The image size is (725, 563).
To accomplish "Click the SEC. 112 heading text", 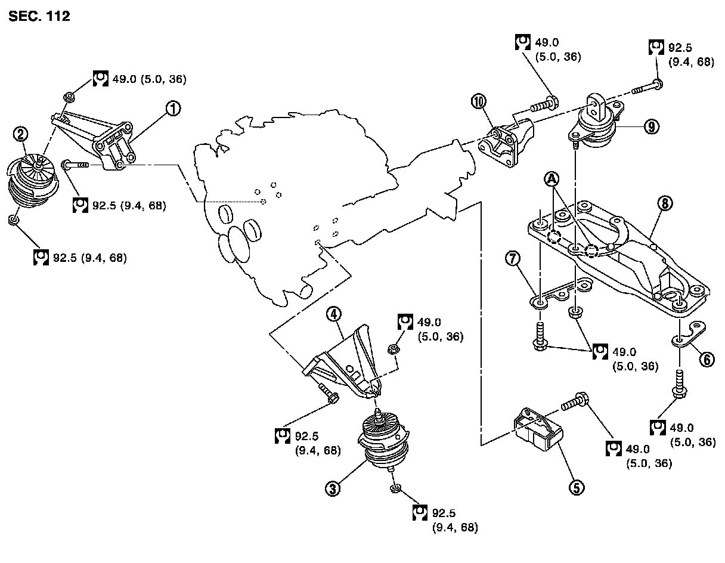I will [39, 17].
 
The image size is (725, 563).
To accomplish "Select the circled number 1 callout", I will [172, 109].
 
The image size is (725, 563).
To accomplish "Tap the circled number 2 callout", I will [21, 135].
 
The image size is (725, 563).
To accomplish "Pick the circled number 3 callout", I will [332, 490].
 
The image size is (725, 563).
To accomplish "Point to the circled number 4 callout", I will [333, 314].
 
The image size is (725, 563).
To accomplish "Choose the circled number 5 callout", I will [576, 487].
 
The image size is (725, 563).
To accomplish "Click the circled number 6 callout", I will [706, 359].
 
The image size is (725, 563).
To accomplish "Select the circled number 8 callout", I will [666, 203].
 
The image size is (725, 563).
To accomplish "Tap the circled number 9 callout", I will [652, 126].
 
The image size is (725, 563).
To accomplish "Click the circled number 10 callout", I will [479, 101].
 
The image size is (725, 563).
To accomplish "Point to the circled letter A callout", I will [552, 179].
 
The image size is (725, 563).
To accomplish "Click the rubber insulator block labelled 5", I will [537, 427].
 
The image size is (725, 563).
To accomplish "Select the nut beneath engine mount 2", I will [14, 221].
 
